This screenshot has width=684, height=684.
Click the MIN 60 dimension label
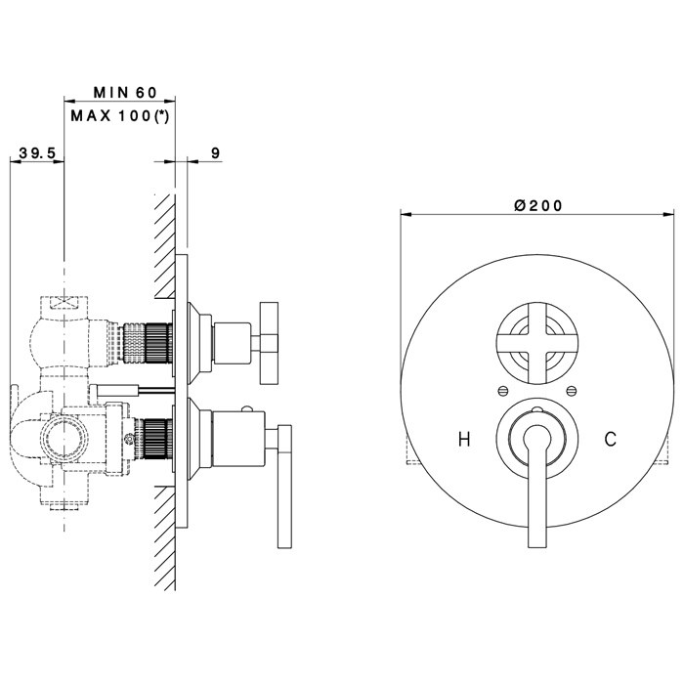[x=125, y=93]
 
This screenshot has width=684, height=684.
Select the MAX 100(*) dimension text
[x=120, y=116]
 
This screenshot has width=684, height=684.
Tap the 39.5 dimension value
[x=37, y=153]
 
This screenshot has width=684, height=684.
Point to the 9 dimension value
[x=215, y=153]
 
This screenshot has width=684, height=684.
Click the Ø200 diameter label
[x=538, y=205]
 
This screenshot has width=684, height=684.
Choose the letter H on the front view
[x=464, y=439]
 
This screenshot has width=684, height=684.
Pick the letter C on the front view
[x=611, y=439]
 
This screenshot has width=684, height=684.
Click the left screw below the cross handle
[x=503, y=391]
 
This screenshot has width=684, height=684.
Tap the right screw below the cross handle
[x=571, y=391]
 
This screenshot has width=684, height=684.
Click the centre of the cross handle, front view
[x=537, y=343]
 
